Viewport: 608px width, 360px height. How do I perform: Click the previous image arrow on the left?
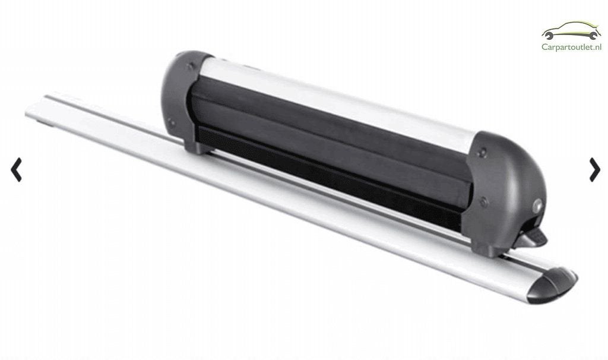coord(16,169)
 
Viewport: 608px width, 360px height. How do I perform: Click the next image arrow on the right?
coord(594,169)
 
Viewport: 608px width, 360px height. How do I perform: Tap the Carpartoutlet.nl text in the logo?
coord(572,47)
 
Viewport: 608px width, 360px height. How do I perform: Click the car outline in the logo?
coord(572,30)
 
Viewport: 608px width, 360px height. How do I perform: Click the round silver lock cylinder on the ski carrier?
coord(538,206)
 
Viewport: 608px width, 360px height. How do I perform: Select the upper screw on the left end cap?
coord(189,67)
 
